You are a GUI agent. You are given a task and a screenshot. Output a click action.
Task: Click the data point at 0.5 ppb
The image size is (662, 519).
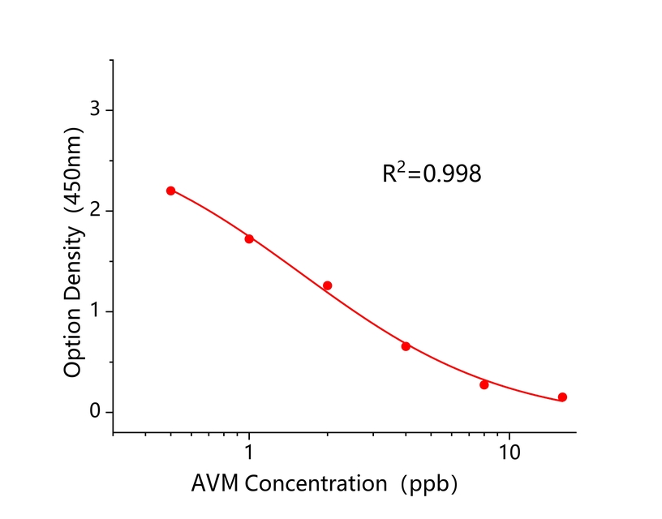pos(170,191)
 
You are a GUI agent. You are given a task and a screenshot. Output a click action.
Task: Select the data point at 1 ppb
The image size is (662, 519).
pos(249,238)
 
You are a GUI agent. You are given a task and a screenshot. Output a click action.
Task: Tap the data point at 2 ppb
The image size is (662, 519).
pos(327,285)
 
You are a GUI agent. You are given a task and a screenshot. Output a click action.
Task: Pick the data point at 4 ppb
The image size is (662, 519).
pos(406,346)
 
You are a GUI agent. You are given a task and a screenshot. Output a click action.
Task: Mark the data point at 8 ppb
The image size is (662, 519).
pos(484,384)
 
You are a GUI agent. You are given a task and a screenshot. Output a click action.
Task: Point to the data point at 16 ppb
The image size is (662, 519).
pos(562,397)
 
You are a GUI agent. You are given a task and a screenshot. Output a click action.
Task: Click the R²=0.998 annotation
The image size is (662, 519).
pos(432,174)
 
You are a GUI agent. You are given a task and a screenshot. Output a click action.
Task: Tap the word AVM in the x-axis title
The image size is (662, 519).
pos(216,484)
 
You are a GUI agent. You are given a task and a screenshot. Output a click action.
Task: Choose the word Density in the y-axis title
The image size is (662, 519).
pos(73,265)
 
